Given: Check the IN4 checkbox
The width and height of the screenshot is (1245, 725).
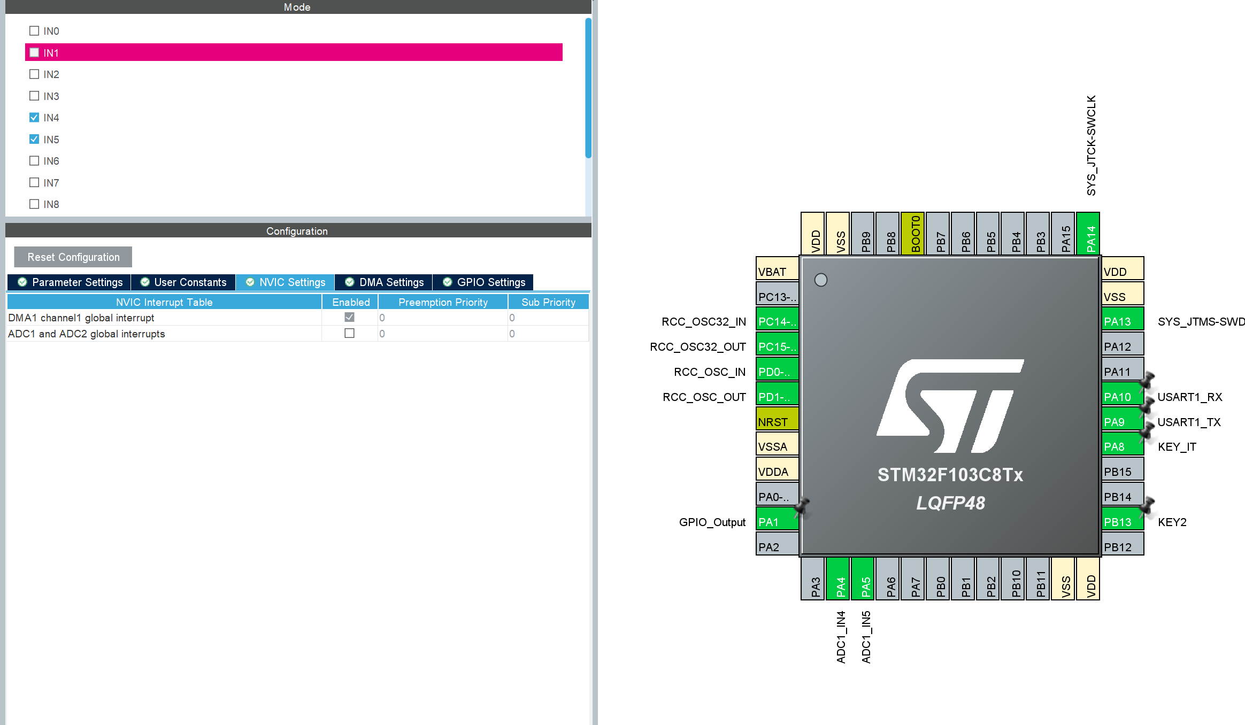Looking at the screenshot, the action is click(34, 118).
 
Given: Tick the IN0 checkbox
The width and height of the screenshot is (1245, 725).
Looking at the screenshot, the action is click(34, 31).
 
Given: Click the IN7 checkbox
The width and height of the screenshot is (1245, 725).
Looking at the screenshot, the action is click(34, 182).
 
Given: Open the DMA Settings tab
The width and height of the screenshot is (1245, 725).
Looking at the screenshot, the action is click(384, 282).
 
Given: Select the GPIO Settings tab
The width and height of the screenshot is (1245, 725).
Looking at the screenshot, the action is click(483, 282).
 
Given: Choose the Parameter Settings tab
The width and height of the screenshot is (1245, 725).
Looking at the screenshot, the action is click(70, 282).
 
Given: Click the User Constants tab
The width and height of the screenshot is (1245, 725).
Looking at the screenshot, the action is click(183, 282).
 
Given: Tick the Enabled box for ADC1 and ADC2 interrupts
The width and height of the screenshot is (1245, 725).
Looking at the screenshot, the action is click(350, 333).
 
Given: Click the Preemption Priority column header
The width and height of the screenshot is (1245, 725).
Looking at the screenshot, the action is click(443, 302).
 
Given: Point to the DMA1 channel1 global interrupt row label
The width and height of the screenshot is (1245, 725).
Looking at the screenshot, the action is click(81, 318).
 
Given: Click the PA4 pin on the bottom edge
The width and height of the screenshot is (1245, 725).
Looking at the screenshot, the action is click(838, 579).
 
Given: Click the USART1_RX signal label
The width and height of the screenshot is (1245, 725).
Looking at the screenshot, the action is click(1190, 397).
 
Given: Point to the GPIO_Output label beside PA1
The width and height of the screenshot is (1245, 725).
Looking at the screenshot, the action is click(712, 522).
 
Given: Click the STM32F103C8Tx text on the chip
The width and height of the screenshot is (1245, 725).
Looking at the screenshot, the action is click(950, 475).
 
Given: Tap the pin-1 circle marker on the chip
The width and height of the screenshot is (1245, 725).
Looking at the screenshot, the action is click(821, 280).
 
